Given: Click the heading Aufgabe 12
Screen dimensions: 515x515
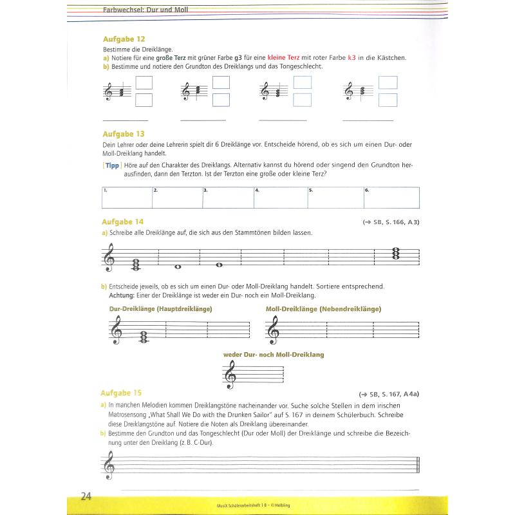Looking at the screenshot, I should (x=123, y=39).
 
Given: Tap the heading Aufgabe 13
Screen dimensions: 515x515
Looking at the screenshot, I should (x=123, y=134).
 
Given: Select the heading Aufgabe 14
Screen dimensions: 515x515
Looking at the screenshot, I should (x=123, y=221).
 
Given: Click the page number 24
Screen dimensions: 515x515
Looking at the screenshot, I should (x=86, y=496).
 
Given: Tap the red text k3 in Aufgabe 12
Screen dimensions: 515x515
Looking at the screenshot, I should (x=351, y=58).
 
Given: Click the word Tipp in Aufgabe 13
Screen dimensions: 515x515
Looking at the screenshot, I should (x=113, y=165).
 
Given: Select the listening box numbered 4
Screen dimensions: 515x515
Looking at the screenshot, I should (x=281, y=198).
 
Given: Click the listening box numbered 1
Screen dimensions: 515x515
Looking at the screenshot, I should (x=127, y=198).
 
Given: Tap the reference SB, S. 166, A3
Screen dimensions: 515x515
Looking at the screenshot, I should (x=391, y=223).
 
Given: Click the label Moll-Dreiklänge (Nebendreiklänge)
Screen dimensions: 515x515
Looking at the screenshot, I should (x=323, y=309).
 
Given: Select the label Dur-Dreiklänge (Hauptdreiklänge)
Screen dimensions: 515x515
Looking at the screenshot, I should (x=161, y=309).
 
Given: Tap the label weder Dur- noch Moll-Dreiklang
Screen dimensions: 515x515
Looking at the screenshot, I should (x=274, y=355).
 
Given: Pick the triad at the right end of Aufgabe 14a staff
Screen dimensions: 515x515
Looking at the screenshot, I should (x=396, y=254).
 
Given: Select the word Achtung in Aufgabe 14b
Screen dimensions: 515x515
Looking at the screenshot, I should (x=120, y=295).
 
